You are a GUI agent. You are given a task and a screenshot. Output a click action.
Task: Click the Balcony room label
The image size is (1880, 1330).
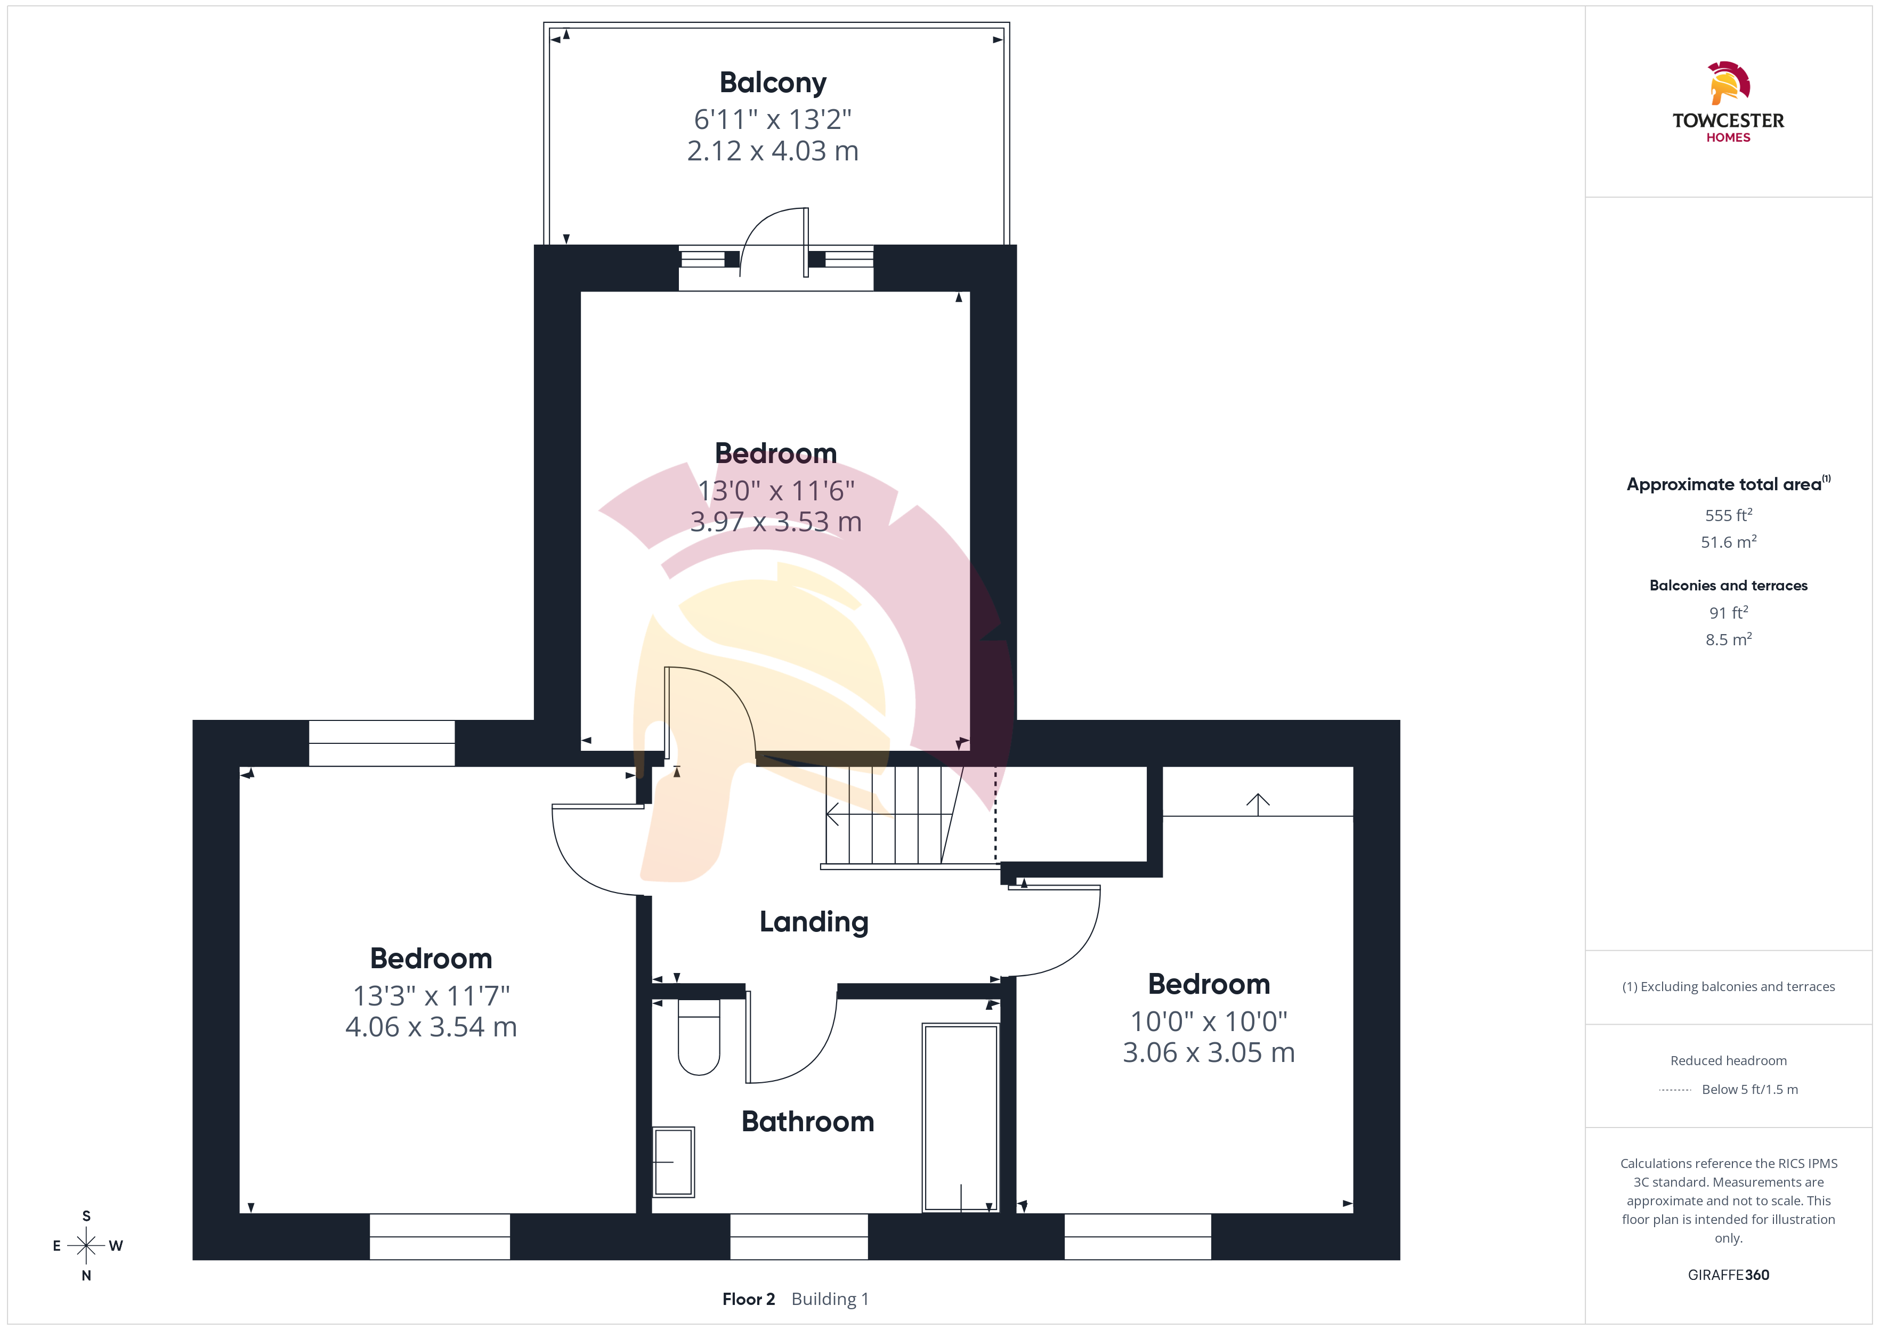(x=773, y=83)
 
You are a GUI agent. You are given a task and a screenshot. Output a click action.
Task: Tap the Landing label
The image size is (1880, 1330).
(x=814, y=922)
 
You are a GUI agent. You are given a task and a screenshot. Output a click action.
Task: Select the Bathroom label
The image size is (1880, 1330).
(x=807, y=1121)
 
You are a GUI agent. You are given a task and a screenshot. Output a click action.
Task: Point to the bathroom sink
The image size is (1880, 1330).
(x=673, y=1161)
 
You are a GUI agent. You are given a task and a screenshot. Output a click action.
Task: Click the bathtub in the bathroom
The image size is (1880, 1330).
(x=960, y=1117)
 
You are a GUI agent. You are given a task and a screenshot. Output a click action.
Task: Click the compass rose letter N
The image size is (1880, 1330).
(x=86, y=1275)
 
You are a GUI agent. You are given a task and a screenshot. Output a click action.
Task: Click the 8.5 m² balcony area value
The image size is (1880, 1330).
(x=1729, y=639)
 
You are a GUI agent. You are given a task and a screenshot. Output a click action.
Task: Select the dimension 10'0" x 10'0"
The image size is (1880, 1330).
(x=1209, y=1021)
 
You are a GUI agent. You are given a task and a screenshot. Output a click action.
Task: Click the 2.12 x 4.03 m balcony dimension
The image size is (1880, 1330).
(x=773, y=151)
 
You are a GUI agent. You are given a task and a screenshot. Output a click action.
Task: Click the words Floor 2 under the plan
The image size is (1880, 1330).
(x=748, y=1299)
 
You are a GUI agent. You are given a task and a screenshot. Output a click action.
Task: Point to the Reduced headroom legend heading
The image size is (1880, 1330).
(x=1729, y=1060)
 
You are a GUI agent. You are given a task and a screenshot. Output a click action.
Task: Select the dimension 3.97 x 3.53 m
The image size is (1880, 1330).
(x=775, y=522)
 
